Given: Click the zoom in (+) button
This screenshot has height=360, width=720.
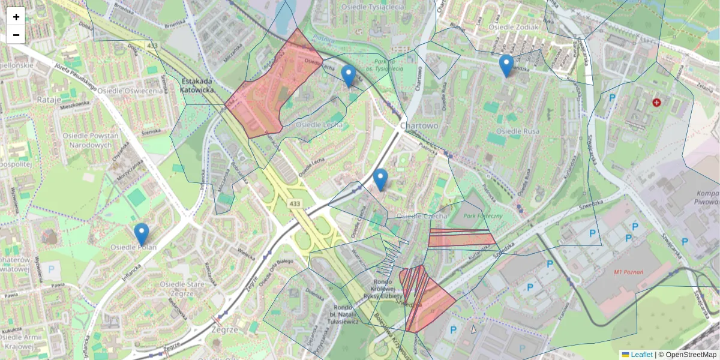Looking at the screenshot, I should [x=16, y=17].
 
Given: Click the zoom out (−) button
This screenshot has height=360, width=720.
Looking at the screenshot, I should [x=16, y=35].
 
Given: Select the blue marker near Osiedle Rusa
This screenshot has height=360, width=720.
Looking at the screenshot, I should [x=506, y=65].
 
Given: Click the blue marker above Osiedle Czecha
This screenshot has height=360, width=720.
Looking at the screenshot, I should [x=380, y=179].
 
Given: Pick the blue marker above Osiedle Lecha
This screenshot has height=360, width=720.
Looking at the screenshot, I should [x=348, y=76].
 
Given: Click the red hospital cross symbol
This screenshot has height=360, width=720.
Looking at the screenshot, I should [x=657, y=103].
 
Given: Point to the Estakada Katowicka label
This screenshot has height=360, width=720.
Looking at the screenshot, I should [x=197, y=85].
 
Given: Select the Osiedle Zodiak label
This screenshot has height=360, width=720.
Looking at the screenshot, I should [x=513, y=27].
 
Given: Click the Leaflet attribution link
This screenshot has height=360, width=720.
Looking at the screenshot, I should [x=641, y=355].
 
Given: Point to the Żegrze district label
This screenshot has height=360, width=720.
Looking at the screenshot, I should [x=226, y=329].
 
